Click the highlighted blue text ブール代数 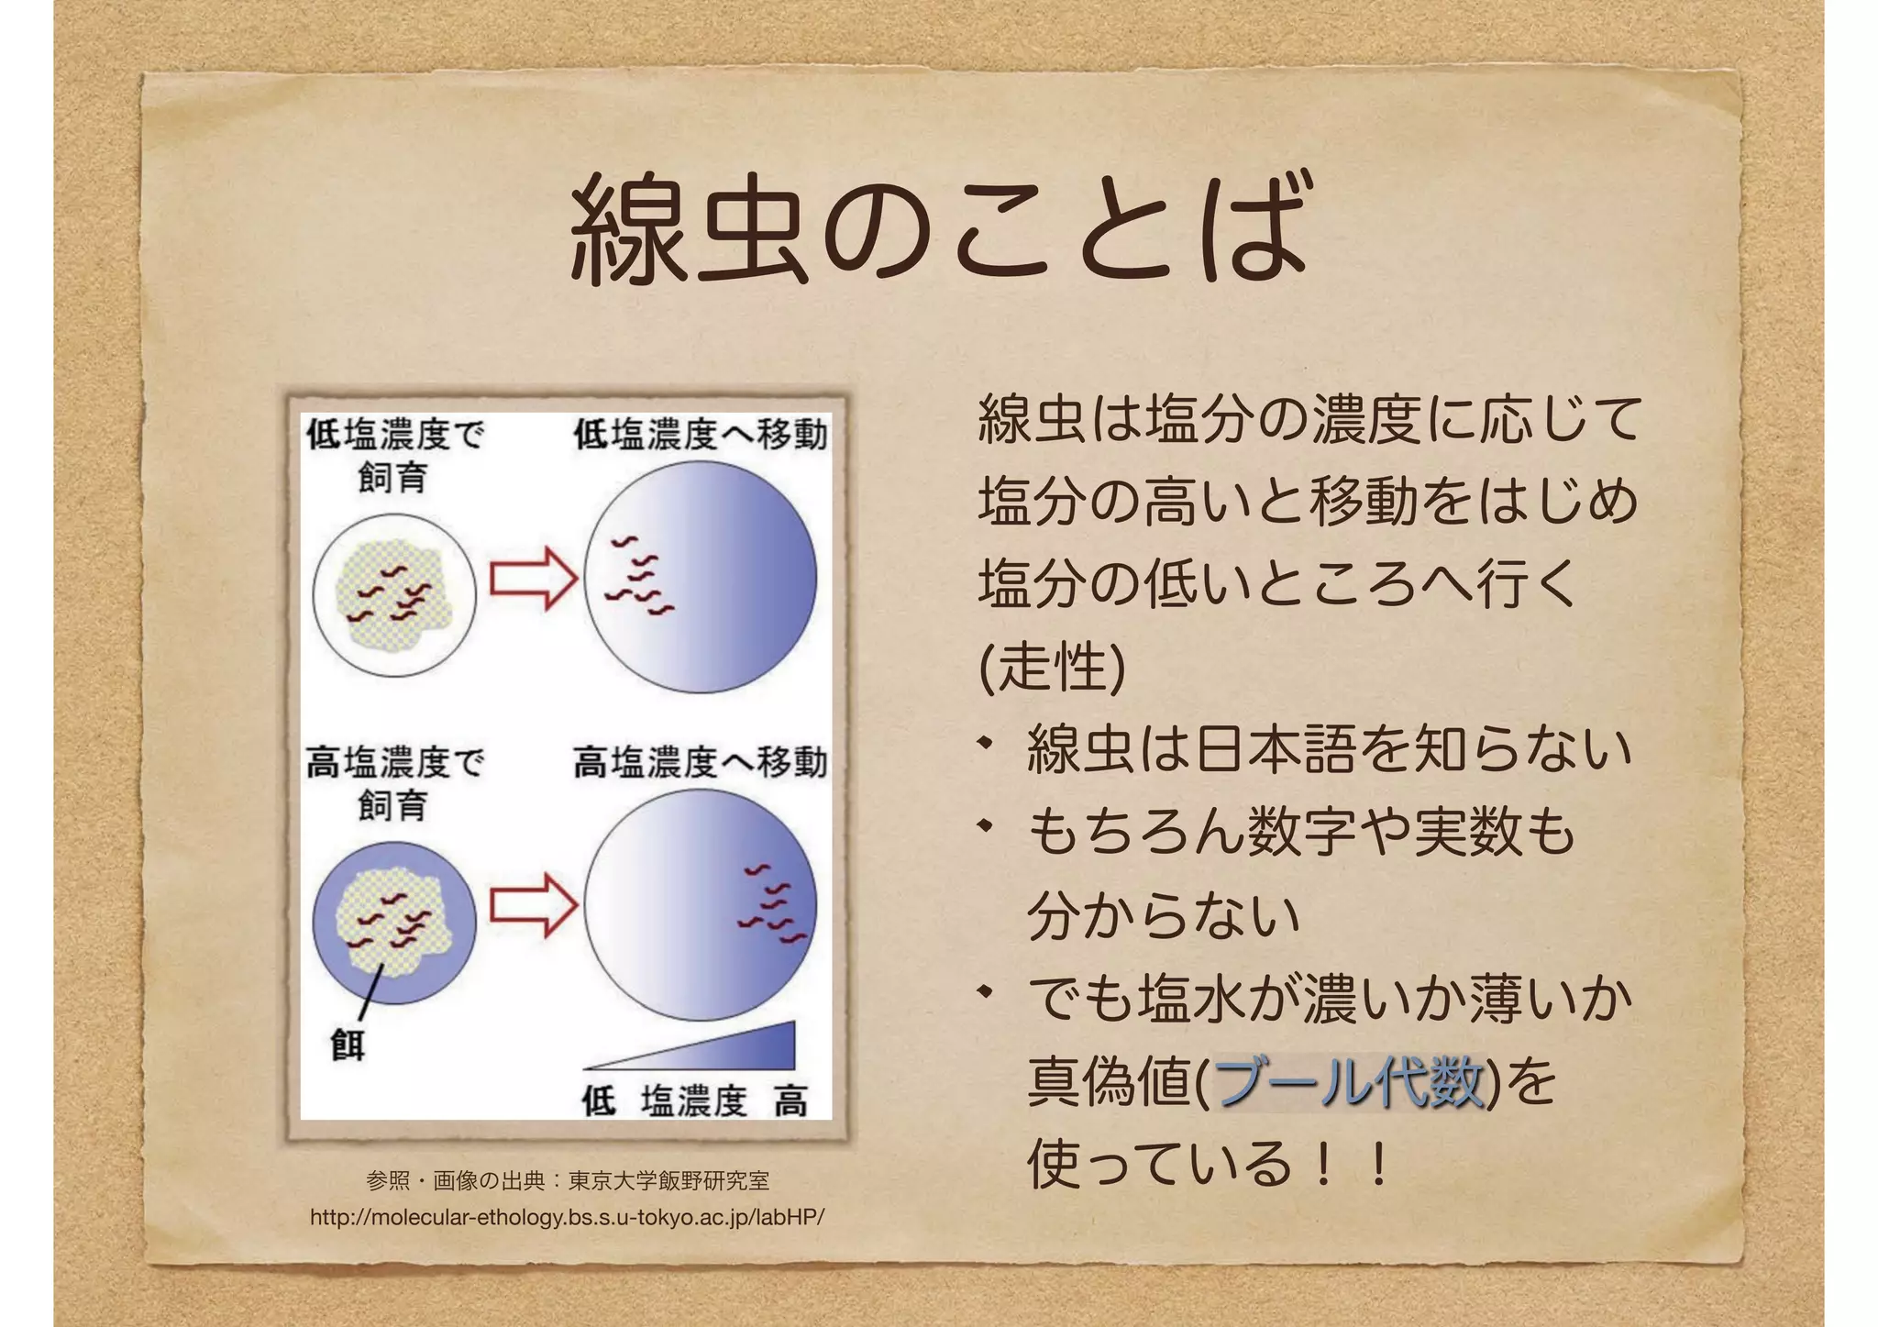point(1348,1082)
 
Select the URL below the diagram point(567,1218)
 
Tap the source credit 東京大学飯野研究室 point(668,1180)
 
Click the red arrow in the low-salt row point(533,578)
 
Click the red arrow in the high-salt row point(533,904)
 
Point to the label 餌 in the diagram point(348,1045)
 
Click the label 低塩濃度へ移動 point(701,435)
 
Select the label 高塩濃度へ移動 point(701,762)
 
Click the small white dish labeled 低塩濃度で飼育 point(394,594)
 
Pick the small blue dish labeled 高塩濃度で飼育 point(394,922)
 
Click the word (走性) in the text point(1052,667)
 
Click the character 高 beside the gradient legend point(790,1100)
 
